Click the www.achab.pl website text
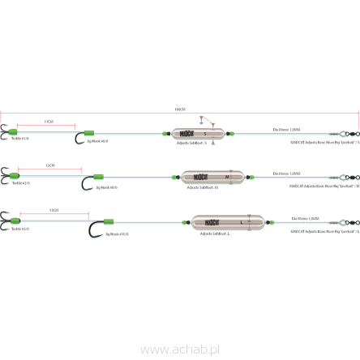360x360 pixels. coord(180,349)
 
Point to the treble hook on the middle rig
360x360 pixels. coord(6,175)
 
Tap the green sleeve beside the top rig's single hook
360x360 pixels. coord(91,133)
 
